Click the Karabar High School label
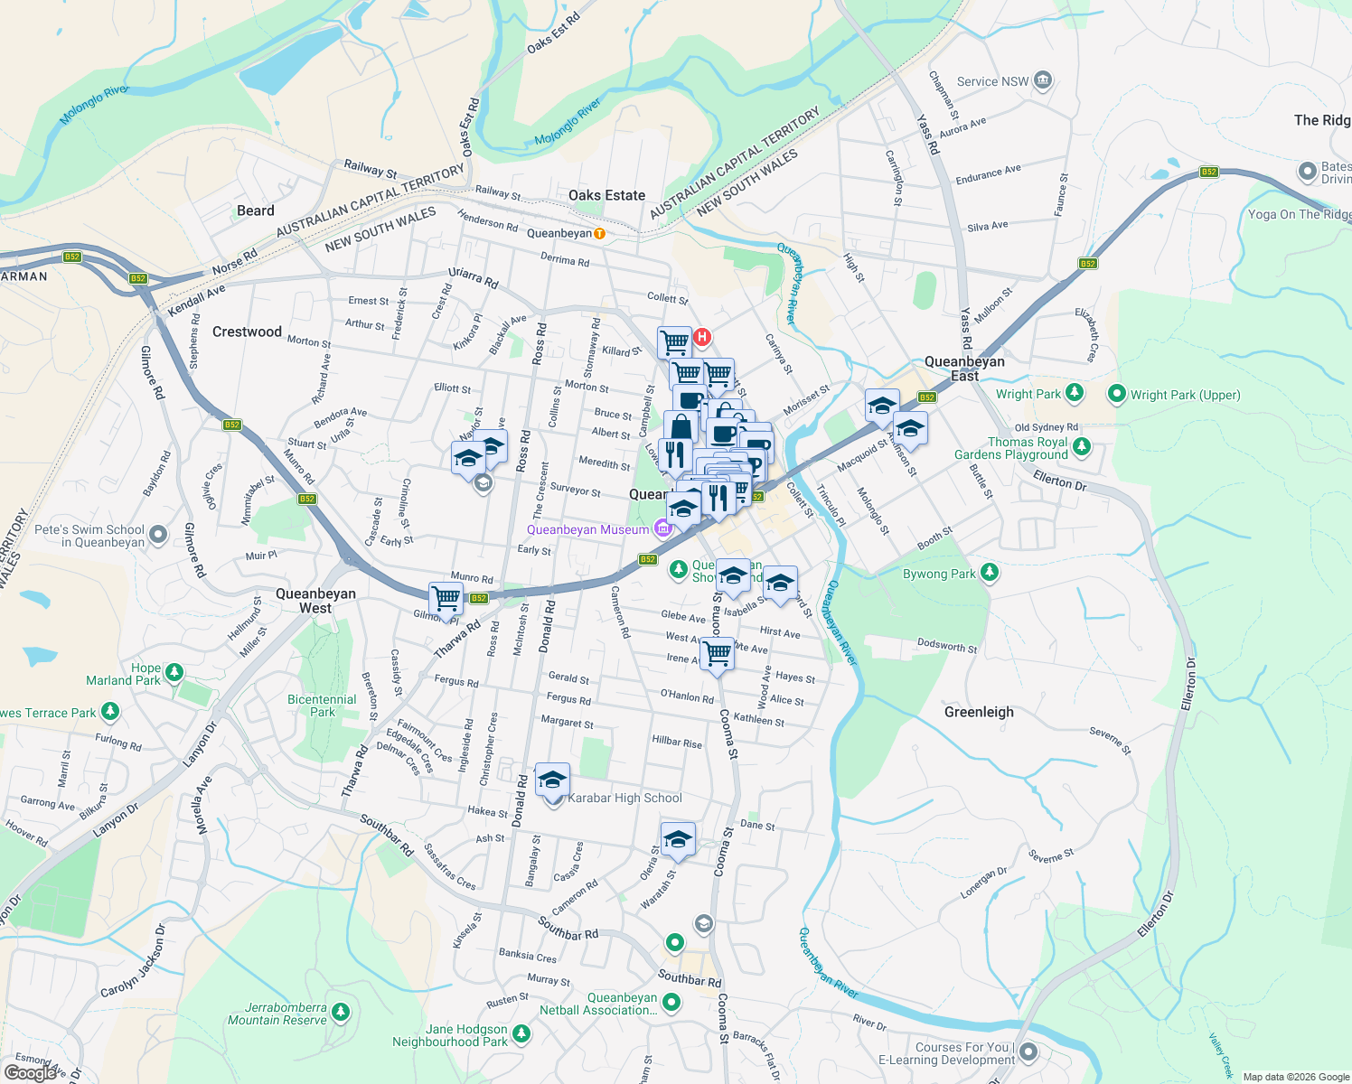(624, 798)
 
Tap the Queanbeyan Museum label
(587, 529)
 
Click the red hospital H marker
(701, 338)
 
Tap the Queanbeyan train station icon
(599, 234)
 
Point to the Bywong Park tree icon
(990, 573)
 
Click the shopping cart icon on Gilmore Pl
(446, 598)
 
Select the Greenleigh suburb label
(979, 712)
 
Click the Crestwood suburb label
(247, 332)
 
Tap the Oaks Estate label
(606, 195)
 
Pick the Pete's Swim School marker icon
(158, 535)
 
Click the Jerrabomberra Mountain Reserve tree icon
(340, 1012)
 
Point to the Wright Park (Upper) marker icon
(1116, 394)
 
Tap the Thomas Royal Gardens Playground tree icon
(1082, 447)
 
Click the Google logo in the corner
(30, 1072)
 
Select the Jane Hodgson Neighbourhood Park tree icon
(521, 1033)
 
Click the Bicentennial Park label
(322, 706)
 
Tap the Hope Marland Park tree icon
(174, 673)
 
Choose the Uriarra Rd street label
(474, 277)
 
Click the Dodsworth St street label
(947, 646)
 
